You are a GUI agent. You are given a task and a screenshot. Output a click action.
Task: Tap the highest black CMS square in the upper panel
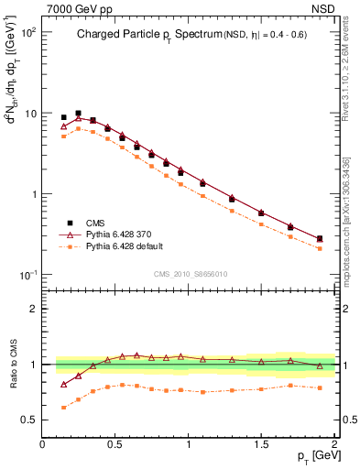78,114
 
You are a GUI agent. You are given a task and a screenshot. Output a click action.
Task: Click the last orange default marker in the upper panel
320,248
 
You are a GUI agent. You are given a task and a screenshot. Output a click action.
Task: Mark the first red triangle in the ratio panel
63,385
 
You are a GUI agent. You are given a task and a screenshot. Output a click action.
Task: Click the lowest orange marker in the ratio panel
63,408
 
